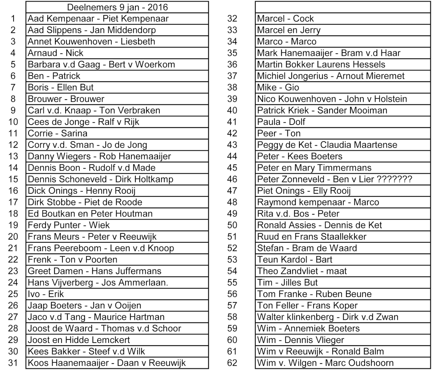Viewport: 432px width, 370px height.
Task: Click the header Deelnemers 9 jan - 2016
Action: (x=117, y=7)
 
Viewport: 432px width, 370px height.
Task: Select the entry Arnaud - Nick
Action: (x=55, y=53)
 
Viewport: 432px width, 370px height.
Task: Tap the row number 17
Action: (x=13, y=202)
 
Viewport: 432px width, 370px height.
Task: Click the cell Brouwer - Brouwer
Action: (x=66, y=99)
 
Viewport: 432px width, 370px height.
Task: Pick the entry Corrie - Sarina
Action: (x=58, y=134)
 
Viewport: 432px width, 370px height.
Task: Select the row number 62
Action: (x=232, y=363)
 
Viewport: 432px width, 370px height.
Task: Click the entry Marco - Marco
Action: (x=286, y=42)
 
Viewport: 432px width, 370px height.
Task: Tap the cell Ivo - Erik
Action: (x=46, y=294)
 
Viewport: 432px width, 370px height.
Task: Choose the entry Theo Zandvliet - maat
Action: (x=302, y=271)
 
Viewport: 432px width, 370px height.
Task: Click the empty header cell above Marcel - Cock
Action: (x=342, y=7)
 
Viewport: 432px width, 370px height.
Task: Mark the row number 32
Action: (x=232, y=19)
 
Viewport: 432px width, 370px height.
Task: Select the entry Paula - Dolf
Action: (x=281, y=122)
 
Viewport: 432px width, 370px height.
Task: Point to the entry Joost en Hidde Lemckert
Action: (x=79, y=340)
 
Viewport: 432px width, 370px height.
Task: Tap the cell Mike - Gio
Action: (x=278, y=88)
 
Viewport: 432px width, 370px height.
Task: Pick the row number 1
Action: (x=13, y=19)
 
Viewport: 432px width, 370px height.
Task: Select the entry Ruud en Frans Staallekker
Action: (x=312, y=237)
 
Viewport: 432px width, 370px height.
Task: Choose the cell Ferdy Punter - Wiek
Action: (x=69, y=225)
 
